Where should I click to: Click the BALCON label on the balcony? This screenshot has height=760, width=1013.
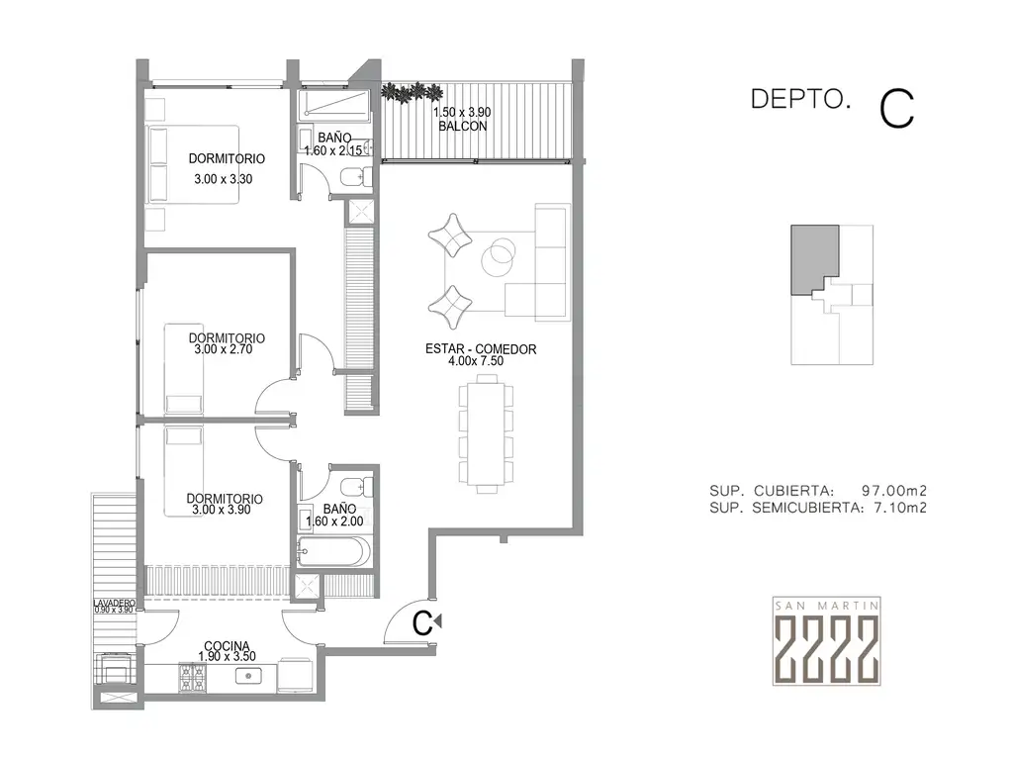coord(463,126)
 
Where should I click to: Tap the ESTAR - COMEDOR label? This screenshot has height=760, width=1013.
coord(481,349)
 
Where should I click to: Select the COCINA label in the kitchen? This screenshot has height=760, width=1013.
coord(227,645)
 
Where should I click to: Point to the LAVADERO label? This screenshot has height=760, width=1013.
coord(114,603)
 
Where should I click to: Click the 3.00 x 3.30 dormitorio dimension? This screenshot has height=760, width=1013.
coord(223,179)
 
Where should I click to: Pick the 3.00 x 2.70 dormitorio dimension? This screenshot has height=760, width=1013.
coord(223,349)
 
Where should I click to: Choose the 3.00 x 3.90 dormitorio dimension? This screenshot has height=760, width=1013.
coord(222,510)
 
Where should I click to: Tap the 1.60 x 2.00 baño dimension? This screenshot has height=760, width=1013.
coord(334,521)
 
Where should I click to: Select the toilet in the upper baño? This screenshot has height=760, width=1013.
coord(356,176)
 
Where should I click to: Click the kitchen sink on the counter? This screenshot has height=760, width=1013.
coord(248,676)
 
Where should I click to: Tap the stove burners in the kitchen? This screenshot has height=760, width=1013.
coord(192,677)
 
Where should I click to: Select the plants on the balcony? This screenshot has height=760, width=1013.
coord(411,92)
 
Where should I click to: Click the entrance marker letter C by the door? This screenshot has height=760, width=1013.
coord(422,623)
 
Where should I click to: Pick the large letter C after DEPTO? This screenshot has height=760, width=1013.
coord(896,109)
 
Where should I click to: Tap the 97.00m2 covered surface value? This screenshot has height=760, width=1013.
coord(894,491)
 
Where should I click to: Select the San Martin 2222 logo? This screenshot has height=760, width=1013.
coord(827,640)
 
